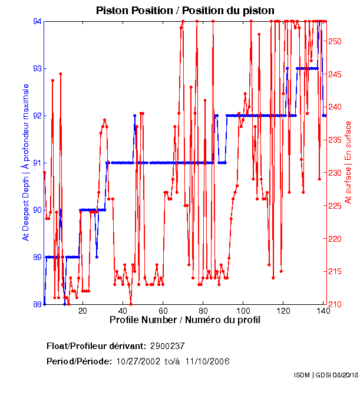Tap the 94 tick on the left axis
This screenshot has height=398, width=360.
pos(37,21)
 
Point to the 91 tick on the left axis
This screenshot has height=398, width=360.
pos(37,163)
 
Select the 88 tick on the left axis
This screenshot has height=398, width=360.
pos(37,304)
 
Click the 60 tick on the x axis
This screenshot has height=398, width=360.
pos(163,310)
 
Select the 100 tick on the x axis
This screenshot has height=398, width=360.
pos(243,310)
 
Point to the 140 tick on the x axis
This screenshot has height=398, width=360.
pos(323,310)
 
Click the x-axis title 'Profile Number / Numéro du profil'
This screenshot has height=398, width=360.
pos(184,320)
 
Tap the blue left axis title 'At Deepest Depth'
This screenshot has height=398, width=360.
pos(25,162)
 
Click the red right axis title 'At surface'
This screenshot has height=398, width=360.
pos(348,162)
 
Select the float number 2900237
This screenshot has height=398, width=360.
pos(168,346)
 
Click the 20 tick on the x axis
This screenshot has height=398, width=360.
pos(83,310)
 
